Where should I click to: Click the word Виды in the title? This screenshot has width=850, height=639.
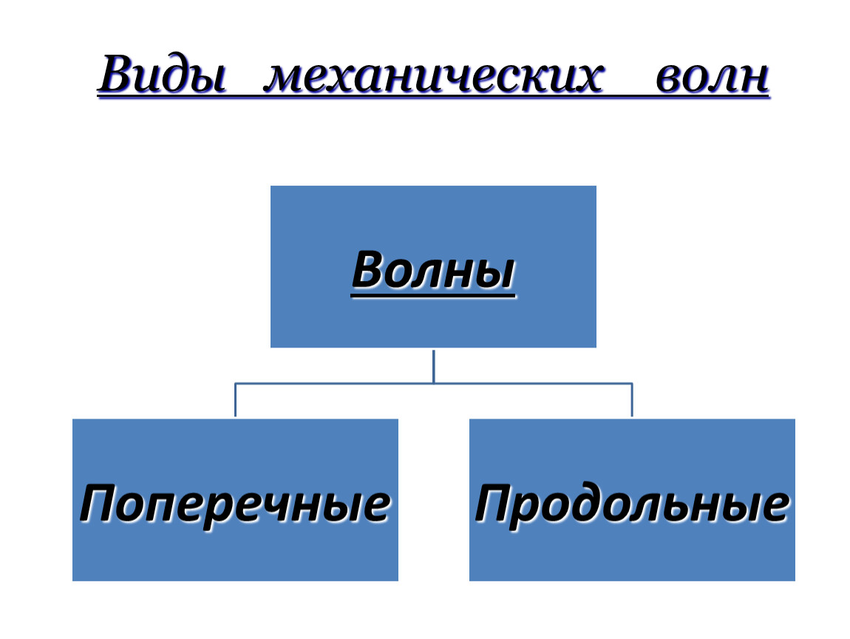coord(163,74)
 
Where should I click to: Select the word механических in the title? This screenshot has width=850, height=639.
coord(433,76)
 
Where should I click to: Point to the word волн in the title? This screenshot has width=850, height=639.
coord(712,77)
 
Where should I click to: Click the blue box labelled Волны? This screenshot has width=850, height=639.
coord(433,266)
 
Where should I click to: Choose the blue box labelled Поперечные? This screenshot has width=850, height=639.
coord(235,500)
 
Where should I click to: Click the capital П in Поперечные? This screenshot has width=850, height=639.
coord(100,503)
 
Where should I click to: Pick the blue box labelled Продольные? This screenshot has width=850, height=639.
coord(632,500)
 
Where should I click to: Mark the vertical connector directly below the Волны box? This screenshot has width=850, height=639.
coord(434,366)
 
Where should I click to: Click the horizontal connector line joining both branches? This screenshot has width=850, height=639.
coord(434,384)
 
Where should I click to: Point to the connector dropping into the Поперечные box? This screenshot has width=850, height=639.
coord(235,400)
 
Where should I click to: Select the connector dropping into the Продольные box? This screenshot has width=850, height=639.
coord(632,400)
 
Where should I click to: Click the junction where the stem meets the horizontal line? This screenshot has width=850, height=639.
coord(434,384)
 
